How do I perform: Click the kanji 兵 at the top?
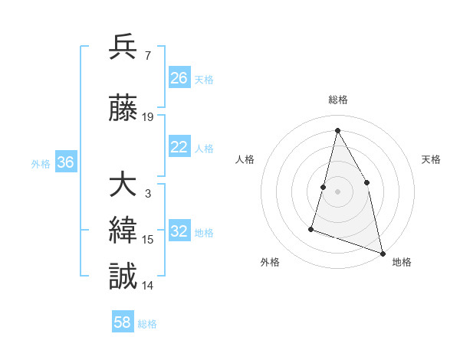[123, 47]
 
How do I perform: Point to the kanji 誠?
[123, 276]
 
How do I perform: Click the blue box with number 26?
[179, 78]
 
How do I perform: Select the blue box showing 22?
[179, 148]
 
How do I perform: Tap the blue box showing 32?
[179, 232]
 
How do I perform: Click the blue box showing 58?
[123, 323]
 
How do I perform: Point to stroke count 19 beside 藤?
[148, 117]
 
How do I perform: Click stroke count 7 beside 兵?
[147, 56]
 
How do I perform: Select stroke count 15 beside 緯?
[148, 240]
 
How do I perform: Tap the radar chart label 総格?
[338, 100]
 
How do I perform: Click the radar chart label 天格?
[432, 159]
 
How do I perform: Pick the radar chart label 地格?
[402, 262]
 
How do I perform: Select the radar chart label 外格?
[270, 262]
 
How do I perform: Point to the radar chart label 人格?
[245, 159]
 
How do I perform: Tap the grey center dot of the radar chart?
[337, 191]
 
